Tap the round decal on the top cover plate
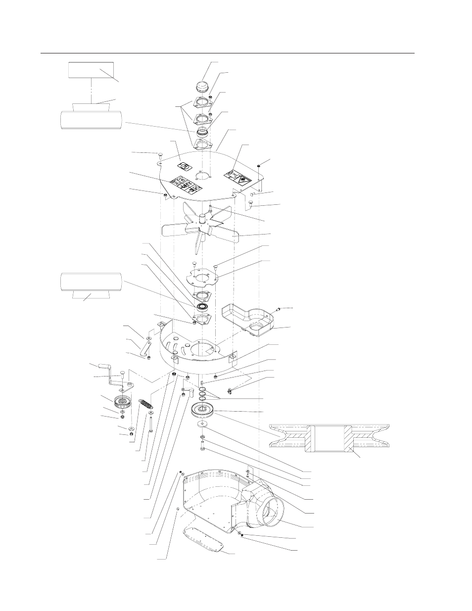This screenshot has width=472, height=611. pyautogui.click(x=184, y=167)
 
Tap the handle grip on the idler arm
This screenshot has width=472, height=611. pyautogui.click(x=105, y=367)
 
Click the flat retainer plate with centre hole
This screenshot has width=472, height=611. pyautogui.click(x=202, y=278)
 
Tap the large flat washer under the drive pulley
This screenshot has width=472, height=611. pyautogui.click(x=202, y=424)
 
